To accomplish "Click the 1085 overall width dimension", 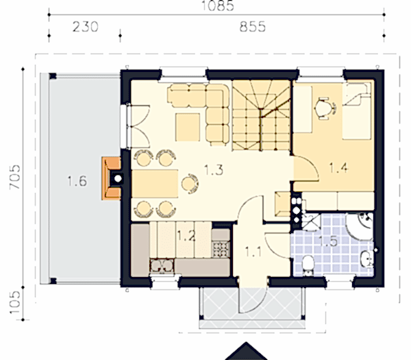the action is click(x=217, y=5).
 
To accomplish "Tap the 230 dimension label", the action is click(x=85, y=27).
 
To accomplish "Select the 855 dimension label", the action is click(x=252, y=27).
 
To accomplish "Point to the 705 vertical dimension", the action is click(x=15, y=177).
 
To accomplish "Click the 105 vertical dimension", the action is click(x=15, y=302).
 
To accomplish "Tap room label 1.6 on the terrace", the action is click(x=77, y=181).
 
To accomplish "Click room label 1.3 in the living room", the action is click(x=214, y=170).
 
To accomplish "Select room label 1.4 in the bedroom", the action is click(x=338, y=168).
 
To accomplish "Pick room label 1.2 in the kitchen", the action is click(x=186, y=235).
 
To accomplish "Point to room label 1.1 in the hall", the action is click(x=253, y=252).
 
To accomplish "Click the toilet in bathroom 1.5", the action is click(x=308, y=265).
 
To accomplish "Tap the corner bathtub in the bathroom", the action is click(x=360, y=226).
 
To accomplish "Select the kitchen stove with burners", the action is click(x=221, y=249).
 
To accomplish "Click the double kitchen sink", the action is click(x=162, y=265).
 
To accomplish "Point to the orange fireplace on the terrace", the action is click(x=111, y=178).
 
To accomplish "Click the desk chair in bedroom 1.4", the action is click(x=325, y=108).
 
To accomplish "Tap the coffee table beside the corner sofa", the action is click(x=188, y=128).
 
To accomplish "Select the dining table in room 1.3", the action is click(x=155, y=184).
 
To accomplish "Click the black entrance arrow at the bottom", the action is click(x=246, y=351).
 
